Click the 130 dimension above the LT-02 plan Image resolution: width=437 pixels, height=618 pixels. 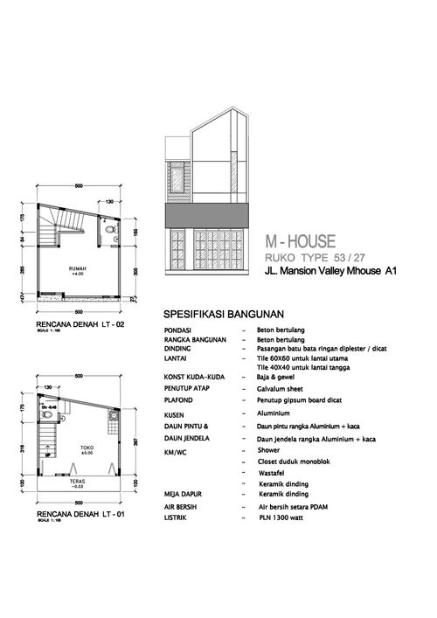110,202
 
